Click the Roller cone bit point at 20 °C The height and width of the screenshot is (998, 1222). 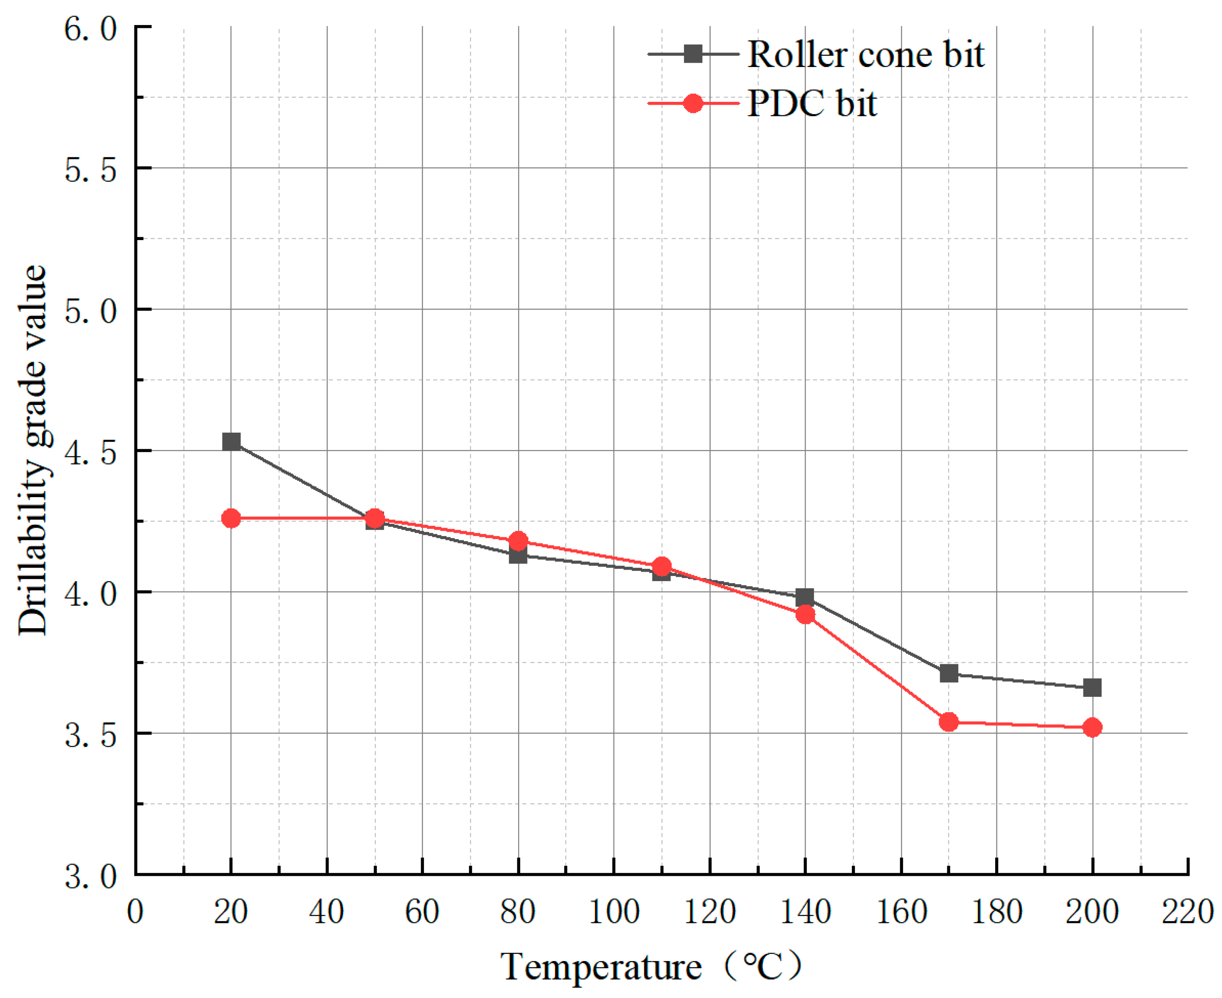(231, 442)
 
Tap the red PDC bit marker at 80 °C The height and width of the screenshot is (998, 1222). (519, 541)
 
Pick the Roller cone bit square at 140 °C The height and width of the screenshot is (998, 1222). (805, 597)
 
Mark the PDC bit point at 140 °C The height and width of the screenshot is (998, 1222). (805, 615)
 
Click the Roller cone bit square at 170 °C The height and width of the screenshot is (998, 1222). (949, 673)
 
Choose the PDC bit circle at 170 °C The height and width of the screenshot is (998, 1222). (949, 722)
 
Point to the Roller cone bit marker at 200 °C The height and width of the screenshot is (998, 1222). (1092, 688)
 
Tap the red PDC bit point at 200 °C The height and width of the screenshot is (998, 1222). (1092, 728)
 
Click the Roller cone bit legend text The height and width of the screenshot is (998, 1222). (866, 55)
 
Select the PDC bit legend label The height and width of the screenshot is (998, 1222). (812, 104)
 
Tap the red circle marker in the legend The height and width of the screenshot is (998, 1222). (693, 103)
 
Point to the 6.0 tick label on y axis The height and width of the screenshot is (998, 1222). (90, 28)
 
